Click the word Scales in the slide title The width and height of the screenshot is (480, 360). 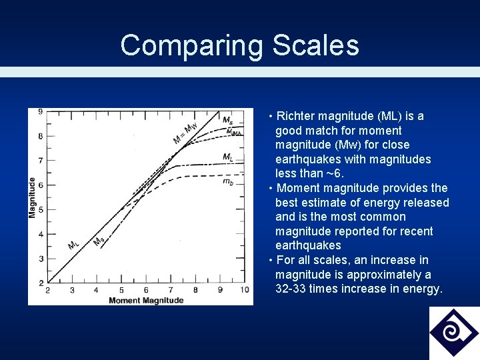315,46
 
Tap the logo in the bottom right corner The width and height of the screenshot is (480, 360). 453,333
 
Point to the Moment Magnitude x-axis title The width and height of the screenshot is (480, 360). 146,301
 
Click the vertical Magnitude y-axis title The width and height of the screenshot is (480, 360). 33,197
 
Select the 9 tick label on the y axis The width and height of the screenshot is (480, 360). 41,111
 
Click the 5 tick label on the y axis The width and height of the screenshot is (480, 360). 41,209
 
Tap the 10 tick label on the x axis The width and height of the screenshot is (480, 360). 245,290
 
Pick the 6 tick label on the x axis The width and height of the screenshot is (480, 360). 146,290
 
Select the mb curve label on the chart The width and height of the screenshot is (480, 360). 228,181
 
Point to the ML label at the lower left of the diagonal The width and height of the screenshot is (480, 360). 73,245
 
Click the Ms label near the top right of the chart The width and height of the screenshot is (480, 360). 227,121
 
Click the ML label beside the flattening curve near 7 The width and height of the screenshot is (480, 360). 228,157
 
